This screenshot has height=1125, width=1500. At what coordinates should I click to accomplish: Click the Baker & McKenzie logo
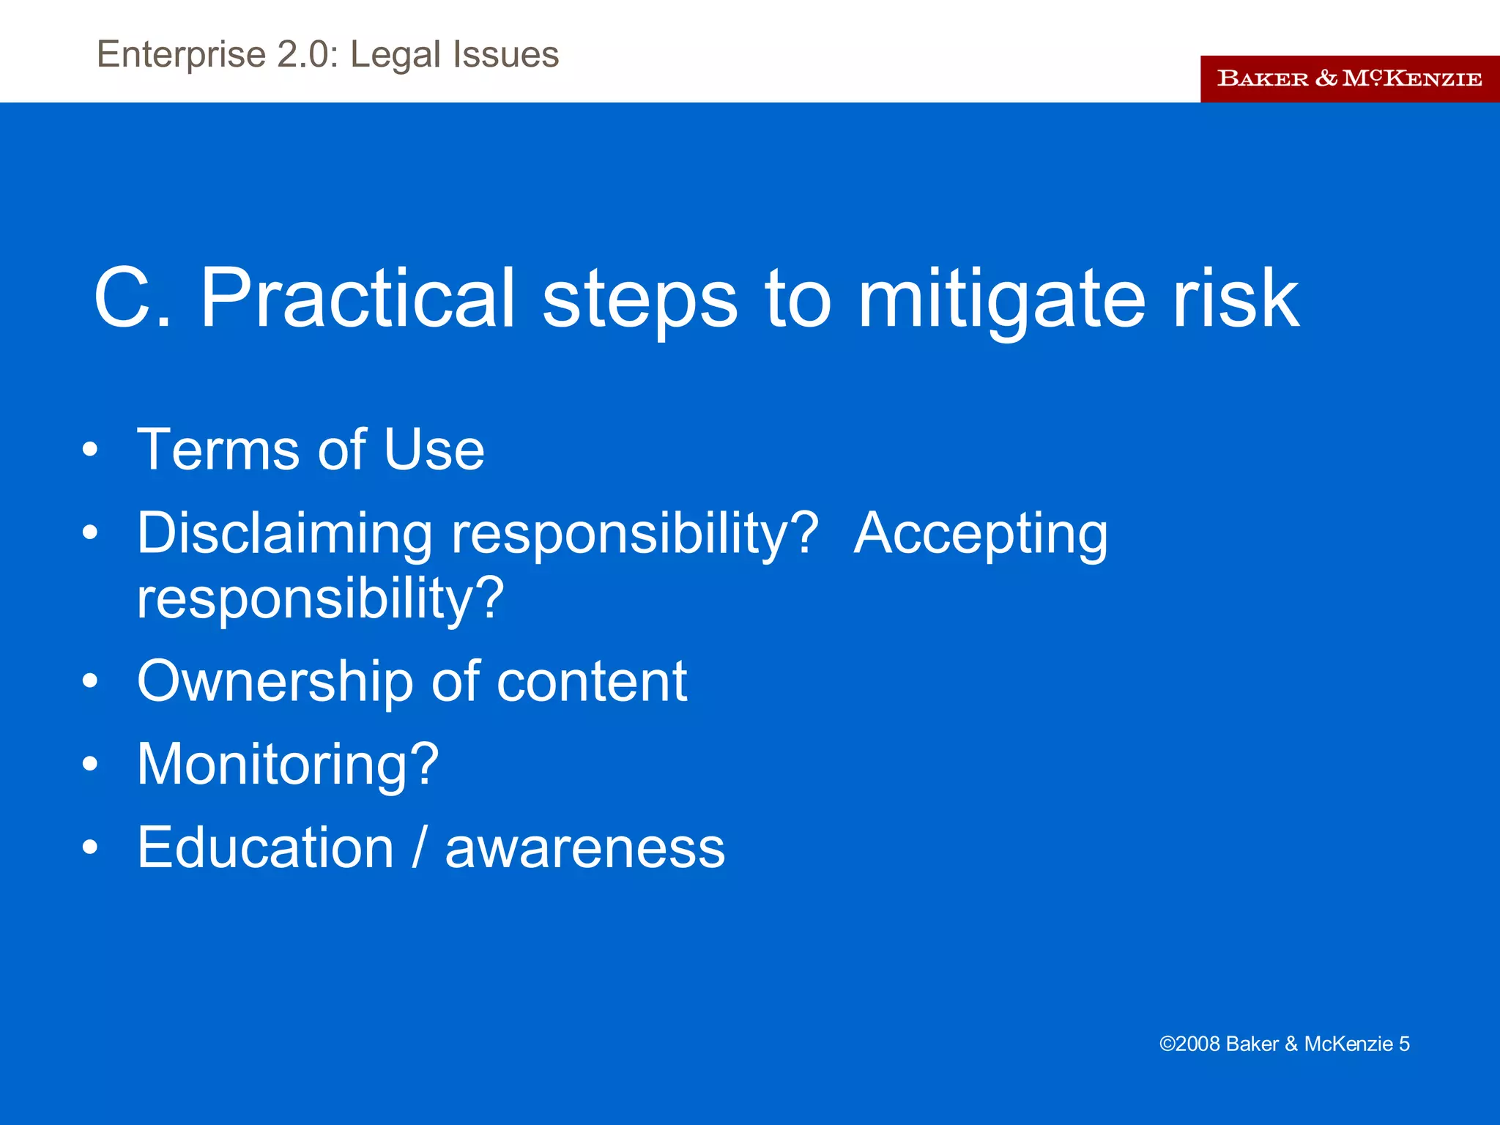click(1349, 78)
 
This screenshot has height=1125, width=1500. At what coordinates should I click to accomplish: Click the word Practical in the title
click(357, 299)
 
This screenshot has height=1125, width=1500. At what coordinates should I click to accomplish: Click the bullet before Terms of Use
click(90, 449)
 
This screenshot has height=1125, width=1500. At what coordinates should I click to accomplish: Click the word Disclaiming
click(285, 533)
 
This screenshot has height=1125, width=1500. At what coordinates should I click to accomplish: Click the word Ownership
click(275, 681)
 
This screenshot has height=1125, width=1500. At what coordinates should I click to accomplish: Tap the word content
click(592, 681)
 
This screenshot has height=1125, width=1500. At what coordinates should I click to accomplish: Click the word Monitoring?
click(288, 765)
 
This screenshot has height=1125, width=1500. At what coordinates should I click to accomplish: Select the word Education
click(266, 847)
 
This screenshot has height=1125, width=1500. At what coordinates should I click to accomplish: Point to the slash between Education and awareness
click(419, 847)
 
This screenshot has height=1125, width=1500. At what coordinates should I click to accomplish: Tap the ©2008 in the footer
click(1189, 1044)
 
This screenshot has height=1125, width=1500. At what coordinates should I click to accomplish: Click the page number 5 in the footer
click(1404, 1044)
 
